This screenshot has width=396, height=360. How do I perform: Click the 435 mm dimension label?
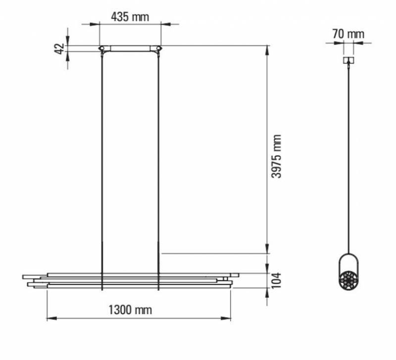coord(130,16)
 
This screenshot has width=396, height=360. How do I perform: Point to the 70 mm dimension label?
coord(348,34)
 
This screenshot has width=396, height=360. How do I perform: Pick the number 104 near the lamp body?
coord(277,281)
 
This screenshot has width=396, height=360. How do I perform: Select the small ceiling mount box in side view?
coord(349,60)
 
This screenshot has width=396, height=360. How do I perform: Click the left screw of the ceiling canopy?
coord(101,48)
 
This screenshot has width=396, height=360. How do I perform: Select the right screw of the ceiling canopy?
coord(158,48)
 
